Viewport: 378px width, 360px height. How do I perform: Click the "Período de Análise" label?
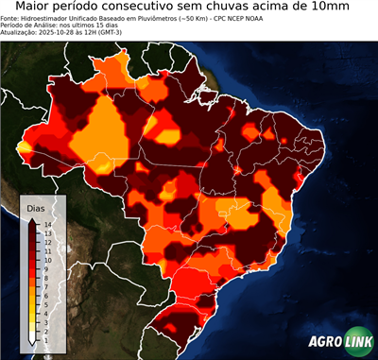click(29, 26)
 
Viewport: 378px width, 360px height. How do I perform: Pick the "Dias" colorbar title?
click(35, 206)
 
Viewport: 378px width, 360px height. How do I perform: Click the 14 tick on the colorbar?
click(46, 224)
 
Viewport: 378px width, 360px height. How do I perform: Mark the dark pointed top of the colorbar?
click(32, 219)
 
